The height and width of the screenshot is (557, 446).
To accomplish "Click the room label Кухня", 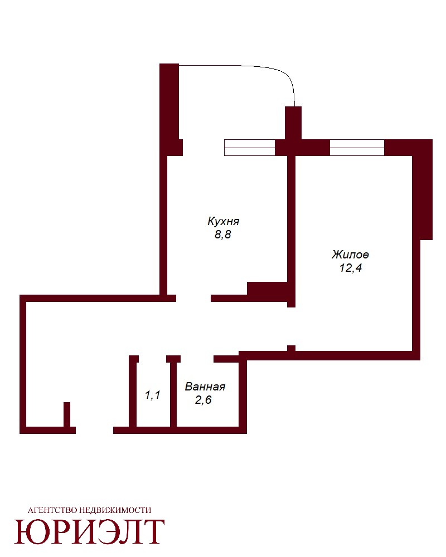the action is pyautogui.click(x=224, y=221).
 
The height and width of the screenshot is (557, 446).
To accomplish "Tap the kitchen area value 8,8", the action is pyautogui.click(x=223, y=235).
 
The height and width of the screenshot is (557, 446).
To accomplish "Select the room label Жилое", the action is pyautogui.click(x=350, y=255).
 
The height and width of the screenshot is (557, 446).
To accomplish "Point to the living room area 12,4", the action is pyautogui.click(x=351, y=268).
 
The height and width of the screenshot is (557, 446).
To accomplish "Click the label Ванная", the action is pyautogui.click(x=205, y=387).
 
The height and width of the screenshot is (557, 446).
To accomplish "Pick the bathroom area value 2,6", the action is pyautogui.click(x=203, y=400).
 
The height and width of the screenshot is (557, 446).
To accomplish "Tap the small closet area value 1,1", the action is pyautogui.click(x=153, y=395).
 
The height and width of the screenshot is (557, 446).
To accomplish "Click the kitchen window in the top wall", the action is pyautogui.click(x=250, y=148).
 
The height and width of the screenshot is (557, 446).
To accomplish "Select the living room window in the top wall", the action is pyautogui.click(x=357, y=148).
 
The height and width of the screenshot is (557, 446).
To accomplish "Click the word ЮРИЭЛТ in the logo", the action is pyautogui.click(x=90, y=532).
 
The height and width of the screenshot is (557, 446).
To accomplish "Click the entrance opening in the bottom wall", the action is pyautogui.click(x=94, y=430).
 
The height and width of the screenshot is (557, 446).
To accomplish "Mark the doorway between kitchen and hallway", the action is pyautogui.click(x=193, y=298).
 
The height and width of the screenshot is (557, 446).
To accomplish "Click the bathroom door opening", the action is pyautogui.click(x=197, y=359).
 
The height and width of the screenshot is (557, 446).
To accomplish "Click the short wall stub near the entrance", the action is pyautogui.click(x=67, y=414).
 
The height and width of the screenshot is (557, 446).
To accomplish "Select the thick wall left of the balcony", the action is pyautogui.click(x=169, y=106).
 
